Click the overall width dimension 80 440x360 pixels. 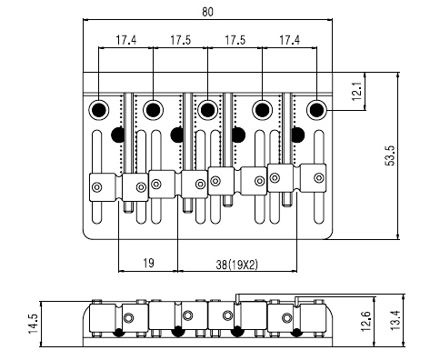207,12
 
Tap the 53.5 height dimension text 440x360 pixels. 391,155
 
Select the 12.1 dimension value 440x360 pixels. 357,91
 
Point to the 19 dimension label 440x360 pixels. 148,263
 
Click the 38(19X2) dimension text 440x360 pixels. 236,265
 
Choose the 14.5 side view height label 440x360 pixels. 33,324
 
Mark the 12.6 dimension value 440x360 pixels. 366,322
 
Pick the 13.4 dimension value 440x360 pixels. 395,321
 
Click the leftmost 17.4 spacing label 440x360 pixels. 126,40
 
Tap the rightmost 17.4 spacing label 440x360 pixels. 289,40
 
